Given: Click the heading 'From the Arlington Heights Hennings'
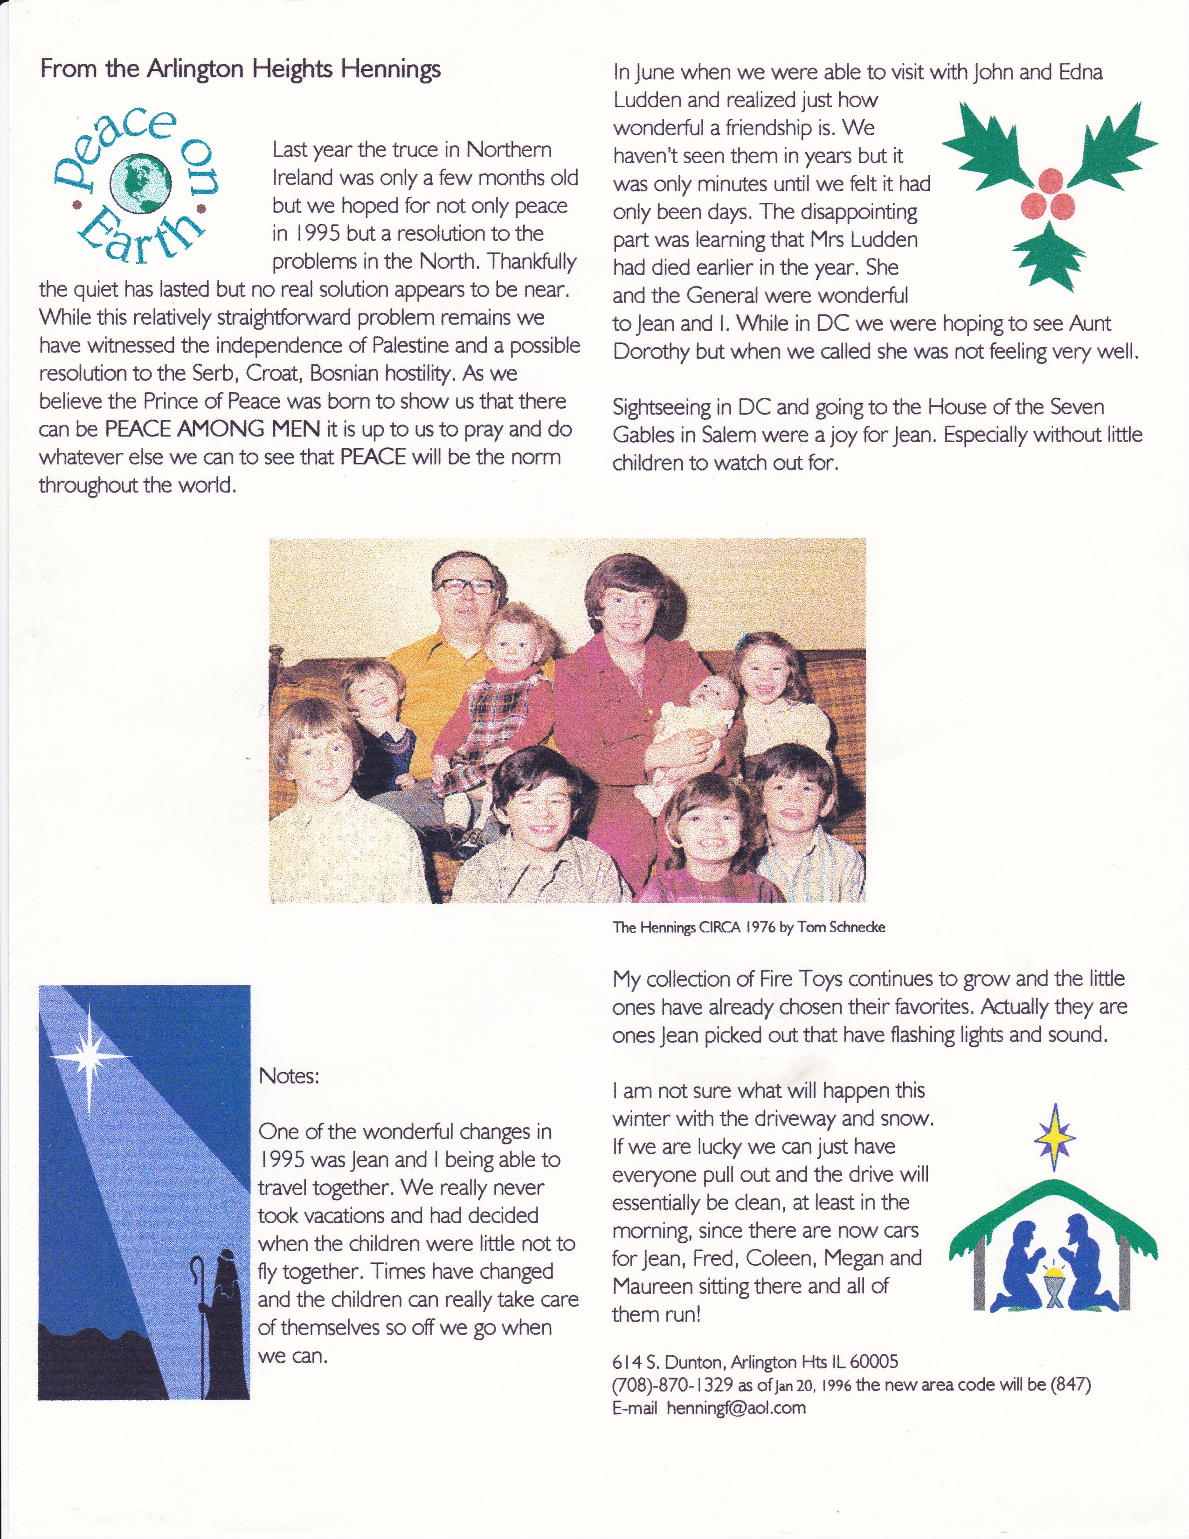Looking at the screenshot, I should pyautogui.click(x=240, y=69).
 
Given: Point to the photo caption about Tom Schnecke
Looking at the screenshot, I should pyautogui.click(x=748, y=927).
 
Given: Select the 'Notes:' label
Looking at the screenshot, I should pyautogui.click(x=289, y=1075).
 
